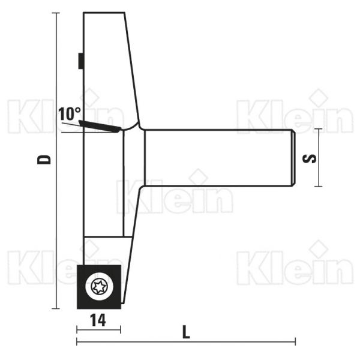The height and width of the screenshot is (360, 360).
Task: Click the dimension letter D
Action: point(44,160)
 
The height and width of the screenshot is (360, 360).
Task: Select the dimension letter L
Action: point(186,331)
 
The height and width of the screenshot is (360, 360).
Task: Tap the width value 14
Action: point(99,321)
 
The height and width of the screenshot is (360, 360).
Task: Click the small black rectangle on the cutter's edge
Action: point(80,61)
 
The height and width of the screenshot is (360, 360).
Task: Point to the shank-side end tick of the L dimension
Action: point(295,342)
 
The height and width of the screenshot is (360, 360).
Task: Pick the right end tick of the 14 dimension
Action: point(121,329)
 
